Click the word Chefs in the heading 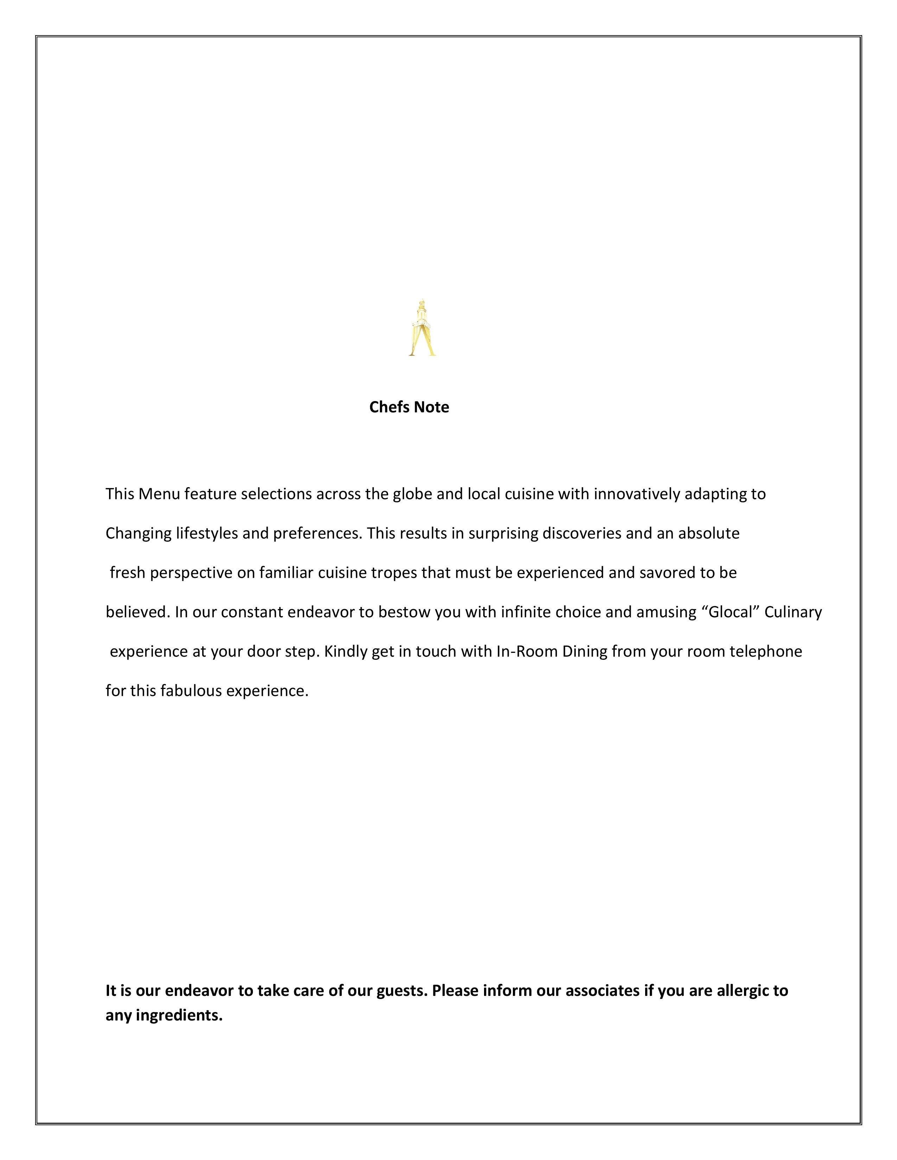pos(389,407)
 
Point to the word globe pos(412,494)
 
